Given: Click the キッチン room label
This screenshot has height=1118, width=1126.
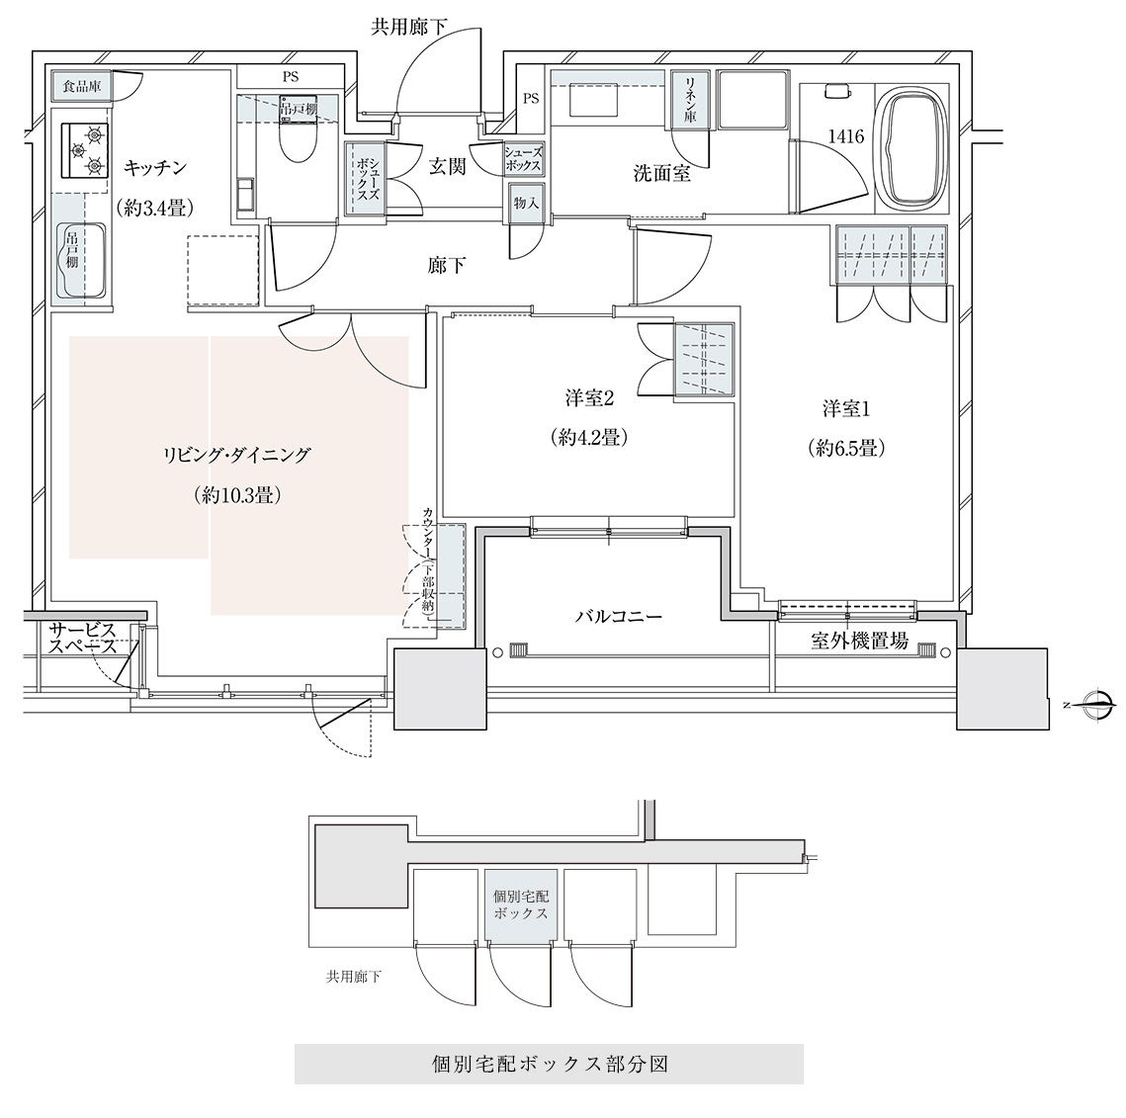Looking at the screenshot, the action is point(155,168).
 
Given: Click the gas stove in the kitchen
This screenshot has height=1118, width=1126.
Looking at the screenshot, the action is point(85,149).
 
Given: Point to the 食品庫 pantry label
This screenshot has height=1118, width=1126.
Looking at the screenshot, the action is point(81,87).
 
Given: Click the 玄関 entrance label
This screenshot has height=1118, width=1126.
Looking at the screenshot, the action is point(448,167).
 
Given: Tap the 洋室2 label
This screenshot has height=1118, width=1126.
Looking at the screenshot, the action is point(589,397).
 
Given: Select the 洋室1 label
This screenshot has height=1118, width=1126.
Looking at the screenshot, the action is point(846,409).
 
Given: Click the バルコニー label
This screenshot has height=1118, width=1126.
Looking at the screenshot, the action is point(619,616).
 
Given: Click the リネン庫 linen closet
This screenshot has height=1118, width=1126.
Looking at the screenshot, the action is point(689,101).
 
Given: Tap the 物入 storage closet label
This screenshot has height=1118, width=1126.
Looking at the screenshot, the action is point(526,204).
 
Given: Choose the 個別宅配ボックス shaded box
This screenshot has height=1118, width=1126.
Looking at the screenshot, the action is point(521,904).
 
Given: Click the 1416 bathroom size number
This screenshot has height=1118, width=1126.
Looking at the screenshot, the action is point(846,136).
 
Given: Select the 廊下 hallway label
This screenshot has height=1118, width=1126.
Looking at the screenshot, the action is point(447,266).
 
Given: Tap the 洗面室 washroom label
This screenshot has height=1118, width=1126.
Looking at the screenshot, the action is point(662,173).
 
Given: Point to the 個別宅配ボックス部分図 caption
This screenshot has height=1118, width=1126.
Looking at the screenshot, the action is point(550,1064).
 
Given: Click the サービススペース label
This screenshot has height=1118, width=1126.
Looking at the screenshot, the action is point(83,639).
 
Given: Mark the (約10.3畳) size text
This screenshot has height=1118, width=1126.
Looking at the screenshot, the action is point(236,494).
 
